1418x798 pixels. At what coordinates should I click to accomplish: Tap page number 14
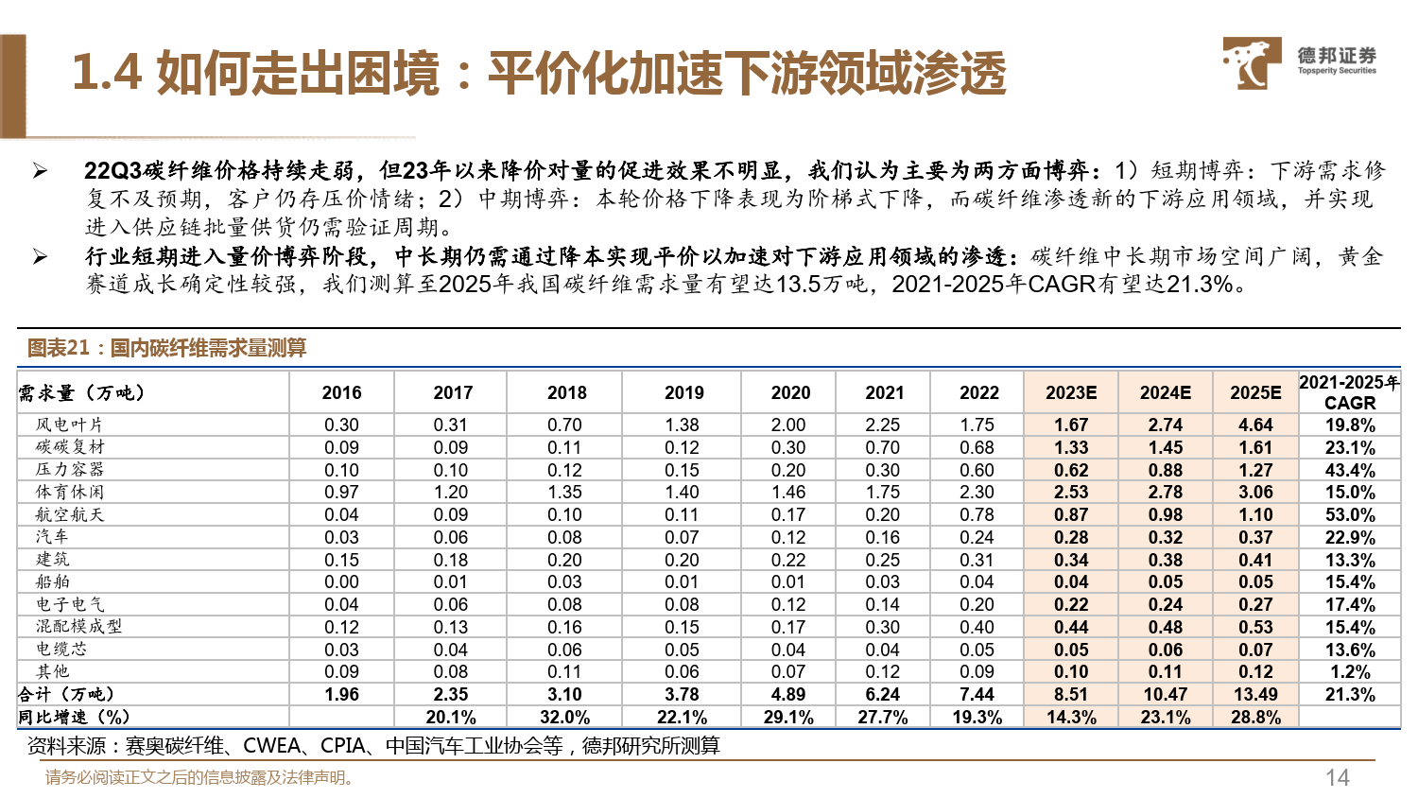(1337, 777)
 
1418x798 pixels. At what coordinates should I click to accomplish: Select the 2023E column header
(1071, 392)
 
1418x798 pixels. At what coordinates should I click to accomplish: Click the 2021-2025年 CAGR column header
(1349, 392)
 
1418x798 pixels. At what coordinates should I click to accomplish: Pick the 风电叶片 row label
(69, 425)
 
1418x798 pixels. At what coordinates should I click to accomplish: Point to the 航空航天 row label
(69, 515)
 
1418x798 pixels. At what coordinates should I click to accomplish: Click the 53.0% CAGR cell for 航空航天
(1349, 515)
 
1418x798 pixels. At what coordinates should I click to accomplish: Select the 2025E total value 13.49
(1255, 695)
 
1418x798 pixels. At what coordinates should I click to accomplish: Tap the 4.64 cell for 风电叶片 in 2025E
(1255, 425)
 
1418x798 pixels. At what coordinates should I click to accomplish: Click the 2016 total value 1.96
(341, 695)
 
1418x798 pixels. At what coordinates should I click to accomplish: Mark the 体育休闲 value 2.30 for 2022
(977, 493)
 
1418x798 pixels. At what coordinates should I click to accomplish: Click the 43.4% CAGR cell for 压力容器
(1349, 470)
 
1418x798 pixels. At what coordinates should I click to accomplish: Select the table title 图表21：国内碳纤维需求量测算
(166, 348)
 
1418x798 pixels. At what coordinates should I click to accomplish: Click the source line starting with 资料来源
(373, 746)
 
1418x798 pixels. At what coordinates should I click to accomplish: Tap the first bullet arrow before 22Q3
(40, 171)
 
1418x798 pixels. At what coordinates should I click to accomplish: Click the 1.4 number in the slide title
(106, 73)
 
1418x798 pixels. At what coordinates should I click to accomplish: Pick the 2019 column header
(683, 392)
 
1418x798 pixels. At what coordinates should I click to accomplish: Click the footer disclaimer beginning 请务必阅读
(200, 777)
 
